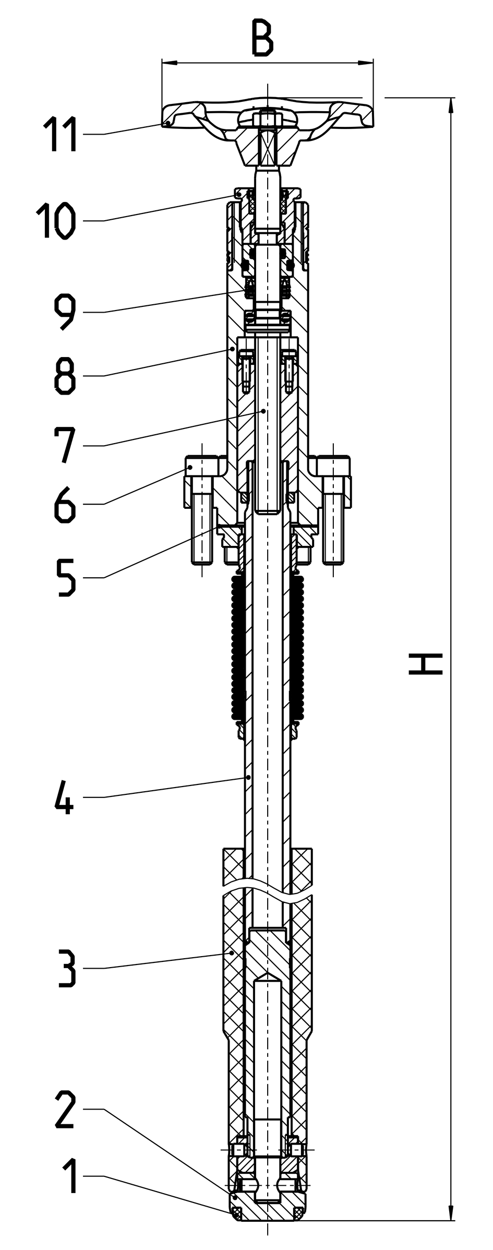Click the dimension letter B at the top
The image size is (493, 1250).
pos(262,38)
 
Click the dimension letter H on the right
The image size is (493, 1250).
pos(425,664)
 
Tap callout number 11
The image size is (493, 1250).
pos(61,135)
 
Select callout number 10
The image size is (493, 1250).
pos(56,221)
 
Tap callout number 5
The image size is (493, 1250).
pos(65,577)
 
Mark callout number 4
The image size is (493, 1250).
pos(64,796)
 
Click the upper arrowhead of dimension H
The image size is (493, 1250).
pos(451,105)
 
